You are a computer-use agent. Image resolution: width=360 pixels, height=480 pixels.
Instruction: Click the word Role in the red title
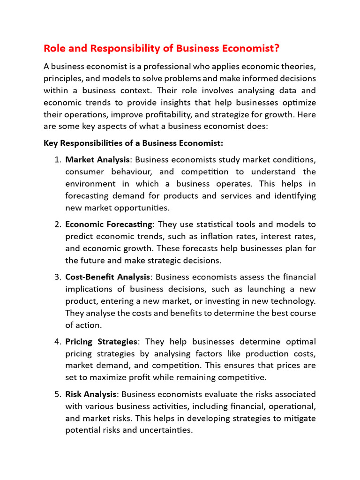coord(54,49)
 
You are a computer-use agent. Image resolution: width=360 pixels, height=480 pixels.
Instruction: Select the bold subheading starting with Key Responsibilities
coord(134,143)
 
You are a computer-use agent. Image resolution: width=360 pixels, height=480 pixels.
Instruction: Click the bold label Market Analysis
coord(97,160)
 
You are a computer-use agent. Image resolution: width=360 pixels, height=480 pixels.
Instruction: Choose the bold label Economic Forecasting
coord(109,225)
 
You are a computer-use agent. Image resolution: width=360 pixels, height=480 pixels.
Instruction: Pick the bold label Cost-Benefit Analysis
coord(108,277)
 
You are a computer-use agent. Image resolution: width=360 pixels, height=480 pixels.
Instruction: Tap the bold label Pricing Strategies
coord(101,341)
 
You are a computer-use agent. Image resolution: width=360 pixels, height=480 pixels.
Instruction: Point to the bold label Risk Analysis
coord(90,394)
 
